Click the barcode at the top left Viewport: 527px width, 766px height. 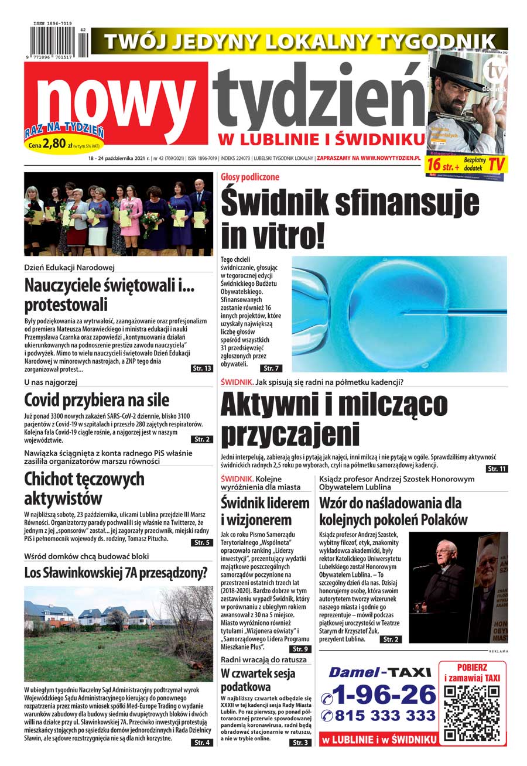click(56, 42)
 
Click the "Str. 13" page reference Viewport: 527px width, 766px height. click(202, 368)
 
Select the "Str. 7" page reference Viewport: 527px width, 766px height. click(271, 368)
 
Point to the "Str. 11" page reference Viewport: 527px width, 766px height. click(496, 469)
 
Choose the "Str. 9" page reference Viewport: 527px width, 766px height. click(300, 649)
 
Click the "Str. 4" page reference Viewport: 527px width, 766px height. click(202, 743)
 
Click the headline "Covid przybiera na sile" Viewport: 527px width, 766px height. click(97, 401)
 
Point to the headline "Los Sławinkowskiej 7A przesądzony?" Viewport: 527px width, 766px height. click(116, 573)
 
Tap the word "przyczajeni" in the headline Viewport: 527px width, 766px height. click(289, 435)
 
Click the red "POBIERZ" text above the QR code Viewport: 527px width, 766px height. click(473, 668)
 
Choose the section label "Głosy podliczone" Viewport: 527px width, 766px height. click(250, 177)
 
